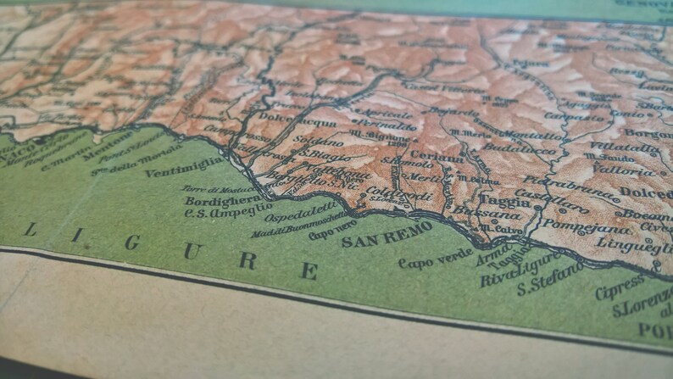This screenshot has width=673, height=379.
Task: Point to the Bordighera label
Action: [x=222, y=202]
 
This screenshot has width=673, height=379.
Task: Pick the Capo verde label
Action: [x=436, y=259]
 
